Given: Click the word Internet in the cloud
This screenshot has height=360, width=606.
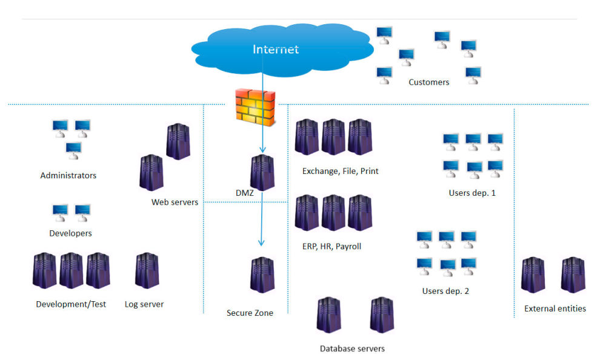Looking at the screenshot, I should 276,49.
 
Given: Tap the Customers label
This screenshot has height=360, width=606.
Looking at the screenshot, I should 429,82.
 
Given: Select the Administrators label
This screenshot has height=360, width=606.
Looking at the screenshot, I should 68,176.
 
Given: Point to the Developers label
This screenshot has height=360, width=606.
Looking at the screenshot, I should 70,233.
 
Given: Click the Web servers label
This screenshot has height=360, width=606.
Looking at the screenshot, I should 175,202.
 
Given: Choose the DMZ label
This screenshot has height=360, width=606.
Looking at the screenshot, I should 244,193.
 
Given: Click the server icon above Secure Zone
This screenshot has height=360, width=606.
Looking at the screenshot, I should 262,275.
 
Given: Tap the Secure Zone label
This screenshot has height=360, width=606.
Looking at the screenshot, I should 250,313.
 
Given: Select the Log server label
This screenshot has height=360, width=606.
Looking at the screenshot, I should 144,304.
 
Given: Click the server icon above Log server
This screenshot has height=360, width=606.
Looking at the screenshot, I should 147,271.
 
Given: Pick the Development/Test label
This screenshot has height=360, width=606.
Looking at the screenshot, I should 71,304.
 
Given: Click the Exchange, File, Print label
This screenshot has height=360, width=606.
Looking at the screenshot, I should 340,171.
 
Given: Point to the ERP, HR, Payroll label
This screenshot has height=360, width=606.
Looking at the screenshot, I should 331,247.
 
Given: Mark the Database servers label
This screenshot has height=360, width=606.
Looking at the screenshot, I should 352,348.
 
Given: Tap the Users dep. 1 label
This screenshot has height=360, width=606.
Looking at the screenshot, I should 472,193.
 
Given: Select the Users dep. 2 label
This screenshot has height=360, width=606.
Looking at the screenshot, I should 445,291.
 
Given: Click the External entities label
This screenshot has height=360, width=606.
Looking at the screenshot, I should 555,308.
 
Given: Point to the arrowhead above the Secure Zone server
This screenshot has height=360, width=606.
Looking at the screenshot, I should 262,242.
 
